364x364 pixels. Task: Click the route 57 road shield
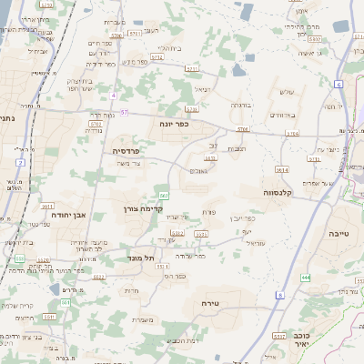125,111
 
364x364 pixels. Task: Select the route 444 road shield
305,277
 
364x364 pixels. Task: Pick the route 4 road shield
113,95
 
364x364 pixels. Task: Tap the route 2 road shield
19,162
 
